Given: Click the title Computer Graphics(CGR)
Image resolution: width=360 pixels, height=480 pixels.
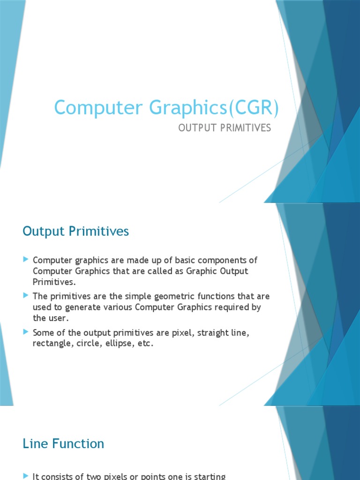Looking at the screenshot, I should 166,108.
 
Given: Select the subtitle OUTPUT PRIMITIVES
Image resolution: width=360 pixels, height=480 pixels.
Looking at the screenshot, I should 225,128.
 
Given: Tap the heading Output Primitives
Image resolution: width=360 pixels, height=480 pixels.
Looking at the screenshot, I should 75,232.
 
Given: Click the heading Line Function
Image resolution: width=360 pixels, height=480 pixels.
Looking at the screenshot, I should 63,443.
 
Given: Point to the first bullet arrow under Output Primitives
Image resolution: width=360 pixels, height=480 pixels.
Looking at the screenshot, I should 26,260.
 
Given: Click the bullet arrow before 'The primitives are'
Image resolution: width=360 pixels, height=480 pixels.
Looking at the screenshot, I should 26,296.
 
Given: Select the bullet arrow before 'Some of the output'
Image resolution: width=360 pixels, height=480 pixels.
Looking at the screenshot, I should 26,332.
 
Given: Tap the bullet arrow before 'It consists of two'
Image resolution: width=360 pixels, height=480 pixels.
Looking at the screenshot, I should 26,476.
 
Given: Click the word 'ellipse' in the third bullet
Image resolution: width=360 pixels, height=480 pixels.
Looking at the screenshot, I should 113,344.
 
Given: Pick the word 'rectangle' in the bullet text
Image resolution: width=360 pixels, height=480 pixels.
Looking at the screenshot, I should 50,344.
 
